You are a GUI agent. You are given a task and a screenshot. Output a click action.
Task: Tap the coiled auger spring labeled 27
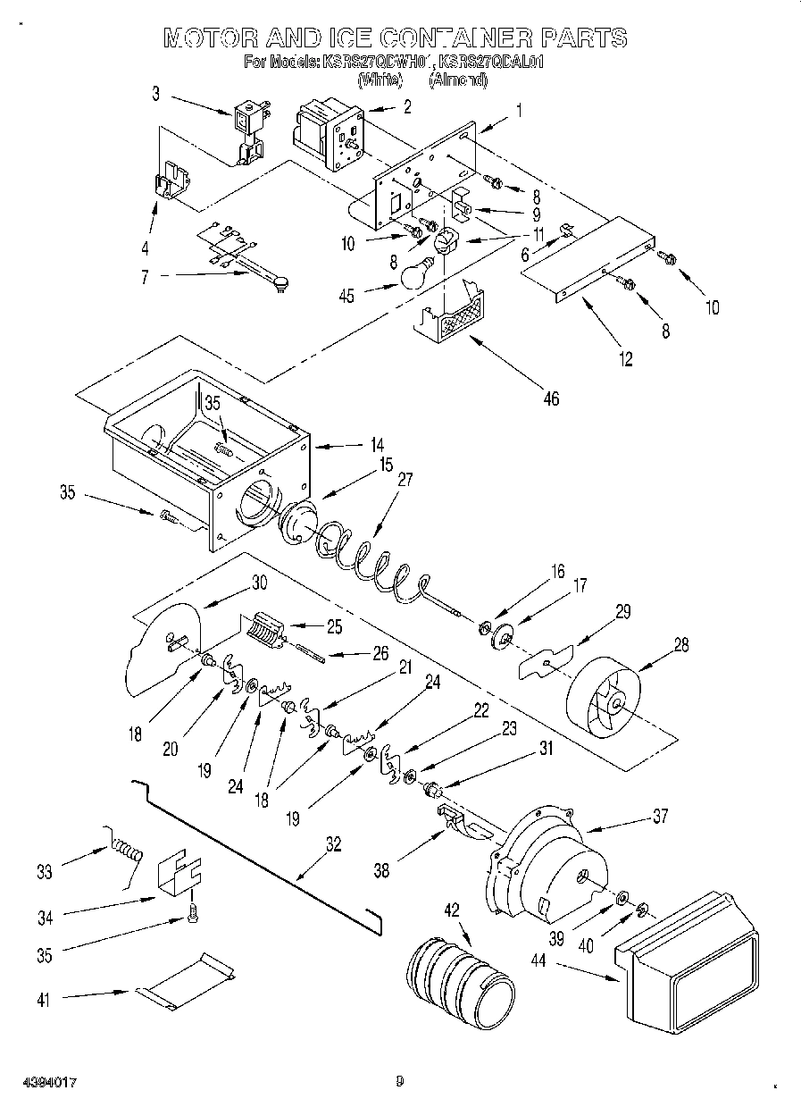pyautogui.click(x=366, y=562)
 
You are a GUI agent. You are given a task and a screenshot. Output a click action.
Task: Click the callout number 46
pyautogui.click(x=551, y=398)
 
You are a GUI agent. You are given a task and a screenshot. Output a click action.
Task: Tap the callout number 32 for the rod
pyautogui.click(x=334, y=843)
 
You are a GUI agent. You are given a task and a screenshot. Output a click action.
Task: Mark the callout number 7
pyautogui.click(x=145, y=277)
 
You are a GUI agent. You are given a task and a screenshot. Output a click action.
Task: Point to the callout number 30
pyautogui.click(x=259, y=582)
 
